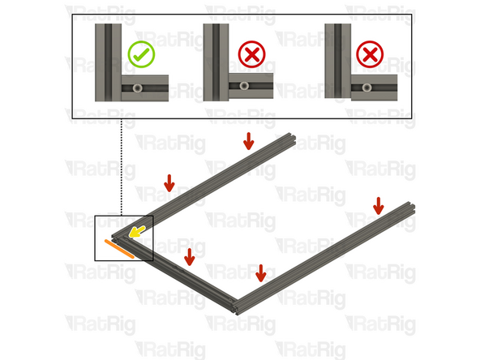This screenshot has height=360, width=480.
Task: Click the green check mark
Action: coord(141,54)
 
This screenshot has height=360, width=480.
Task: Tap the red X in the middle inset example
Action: coord(251,54)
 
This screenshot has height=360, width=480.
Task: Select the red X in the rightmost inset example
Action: coord(370,54)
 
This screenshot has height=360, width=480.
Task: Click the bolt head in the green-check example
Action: coord(137,86)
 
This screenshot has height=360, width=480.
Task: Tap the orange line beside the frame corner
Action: coord(118,247)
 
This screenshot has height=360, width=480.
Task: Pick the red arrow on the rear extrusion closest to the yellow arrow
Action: coord(169,182)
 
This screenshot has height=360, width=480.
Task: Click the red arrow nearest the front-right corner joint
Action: coord(260,272)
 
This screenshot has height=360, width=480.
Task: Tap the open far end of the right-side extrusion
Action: coord(412,208)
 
